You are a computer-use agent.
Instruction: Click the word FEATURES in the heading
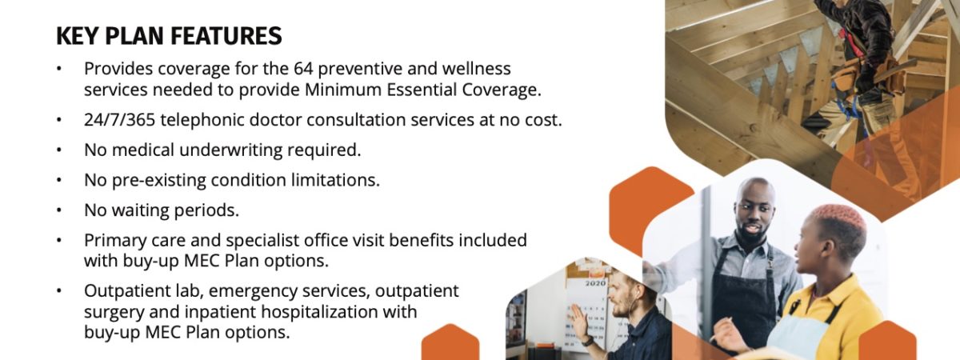point(226,36)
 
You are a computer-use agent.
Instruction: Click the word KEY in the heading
point(77,36)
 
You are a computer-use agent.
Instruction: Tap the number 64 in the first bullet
point(303,69)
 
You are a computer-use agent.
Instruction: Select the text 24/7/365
point(119,120)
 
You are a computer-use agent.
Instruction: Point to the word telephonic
point(202,121)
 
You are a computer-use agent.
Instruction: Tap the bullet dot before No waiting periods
point(59,210)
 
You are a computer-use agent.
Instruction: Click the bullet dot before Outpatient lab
point(59,291)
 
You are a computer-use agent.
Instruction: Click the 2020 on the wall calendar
point(595,283)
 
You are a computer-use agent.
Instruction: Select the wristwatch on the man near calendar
point(588,341)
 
